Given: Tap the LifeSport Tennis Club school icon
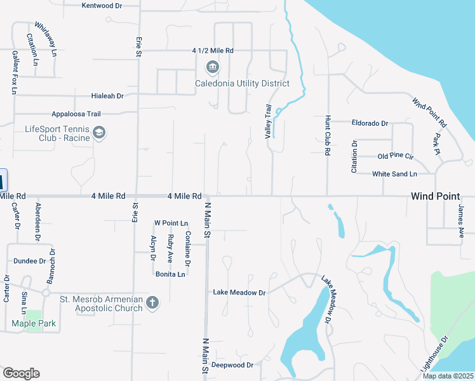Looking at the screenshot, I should tap(98, 133).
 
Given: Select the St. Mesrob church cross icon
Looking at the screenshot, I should tap(152, 302).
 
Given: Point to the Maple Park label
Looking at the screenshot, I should tap(34, 324).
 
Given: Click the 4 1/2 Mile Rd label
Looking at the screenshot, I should tap(213, 50).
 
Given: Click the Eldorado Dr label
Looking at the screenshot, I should tap(370, 123).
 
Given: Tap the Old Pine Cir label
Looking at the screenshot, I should tap(396, 156).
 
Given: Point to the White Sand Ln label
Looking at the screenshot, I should tap(394, 173).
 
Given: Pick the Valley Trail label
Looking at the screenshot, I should tap(268, 121).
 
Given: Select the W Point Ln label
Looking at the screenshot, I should tap(171, 224).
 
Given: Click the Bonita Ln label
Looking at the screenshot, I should tap(170, 274).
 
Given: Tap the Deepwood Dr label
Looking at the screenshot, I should tap(232, 365).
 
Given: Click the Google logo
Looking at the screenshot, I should tap(21, 373).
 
